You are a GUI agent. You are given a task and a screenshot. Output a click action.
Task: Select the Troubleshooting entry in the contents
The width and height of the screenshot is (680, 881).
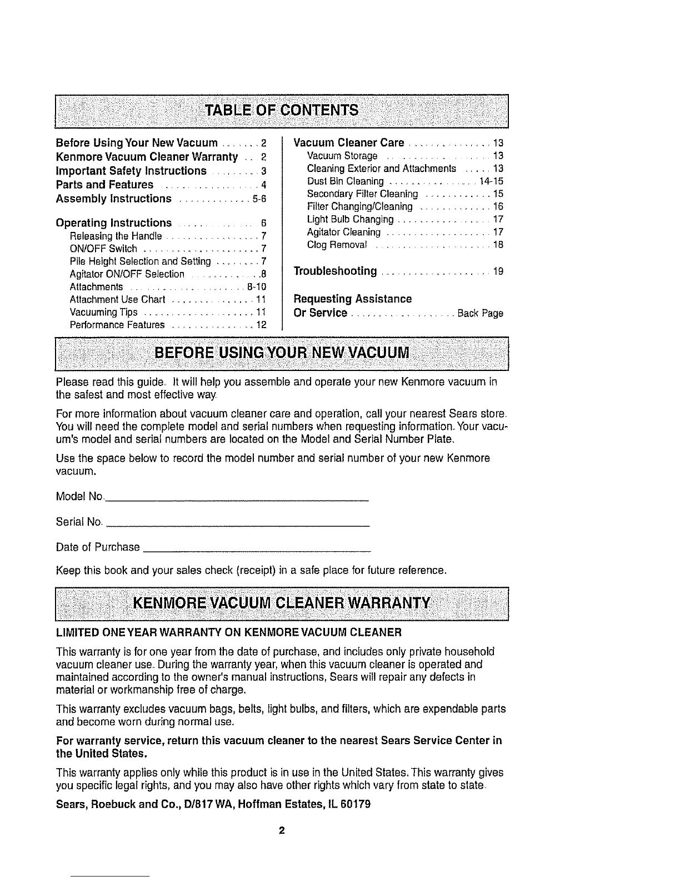[335, 271]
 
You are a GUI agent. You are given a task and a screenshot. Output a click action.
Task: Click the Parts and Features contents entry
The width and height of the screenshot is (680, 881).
[105, 185]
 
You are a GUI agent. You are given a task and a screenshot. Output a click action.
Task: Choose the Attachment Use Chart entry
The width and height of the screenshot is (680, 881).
[118, 300]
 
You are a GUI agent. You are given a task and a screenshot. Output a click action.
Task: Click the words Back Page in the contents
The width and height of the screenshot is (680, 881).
[480, 313]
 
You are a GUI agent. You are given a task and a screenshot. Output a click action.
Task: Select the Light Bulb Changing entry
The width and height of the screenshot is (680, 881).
[350, 220]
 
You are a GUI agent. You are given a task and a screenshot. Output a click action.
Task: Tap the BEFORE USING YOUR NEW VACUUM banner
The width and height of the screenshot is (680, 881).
[282, 353]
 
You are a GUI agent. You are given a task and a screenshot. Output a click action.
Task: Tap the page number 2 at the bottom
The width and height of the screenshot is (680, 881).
[282, 831]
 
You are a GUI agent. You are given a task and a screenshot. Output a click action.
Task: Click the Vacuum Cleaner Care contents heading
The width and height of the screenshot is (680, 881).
[348, 142]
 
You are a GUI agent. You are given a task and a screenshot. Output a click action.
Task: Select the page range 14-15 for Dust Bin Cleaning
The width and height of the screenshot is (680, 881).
[491, 182]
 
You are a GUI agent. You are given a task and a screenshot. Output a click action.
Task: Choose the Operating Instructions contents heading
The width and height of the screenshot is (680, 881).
[114, 223]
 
